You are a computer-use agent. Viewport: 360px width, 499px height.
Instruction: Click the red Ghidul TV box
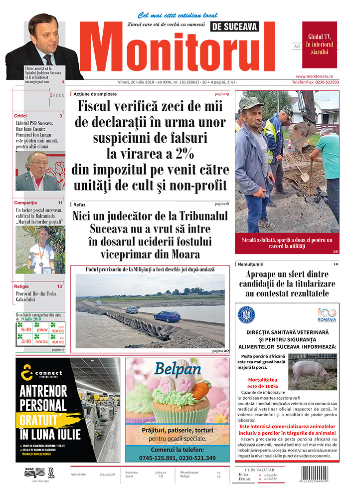point(320,44)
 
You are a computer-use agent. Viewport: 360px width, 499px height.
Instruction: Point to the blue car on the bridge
point(167,316)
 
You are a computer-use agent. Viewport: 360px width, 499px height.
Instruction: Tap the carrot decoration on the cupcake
point(201,390)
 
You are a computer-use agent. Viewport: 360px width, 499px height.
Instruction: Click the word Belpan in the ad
point(177,369)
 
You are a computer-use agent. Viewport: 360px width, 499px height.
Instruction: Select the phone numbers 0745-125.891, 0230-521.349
point(177,458)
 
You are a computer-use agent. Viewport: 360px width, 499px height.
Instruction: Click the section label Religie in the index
point(21,286)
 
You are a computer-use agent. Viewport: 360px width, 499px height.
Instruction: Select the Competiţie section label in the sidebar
point(25,203)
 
